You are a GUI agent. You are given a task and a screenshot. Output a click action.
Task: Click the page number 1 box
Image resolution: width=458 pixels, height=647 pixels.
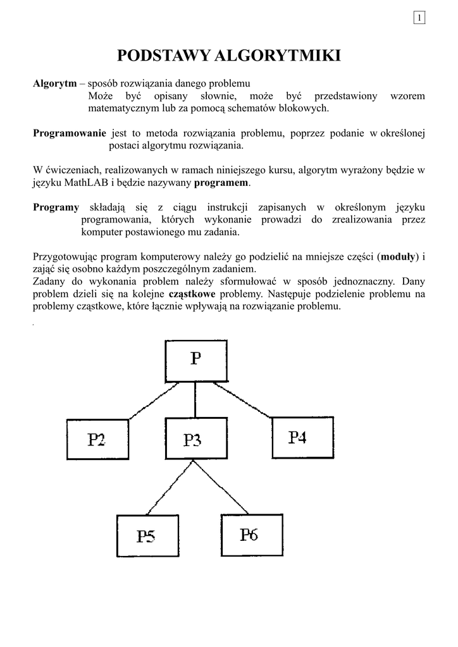(x=419, y=17)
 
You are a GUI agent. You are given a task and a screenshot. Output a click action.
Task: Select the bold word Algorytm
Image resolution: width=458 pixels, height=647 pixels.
(x=54, y=83)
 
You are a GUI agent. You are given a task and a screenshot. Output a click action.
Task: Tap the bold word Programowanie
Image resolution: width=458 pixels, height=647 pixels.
(x=70, y=133)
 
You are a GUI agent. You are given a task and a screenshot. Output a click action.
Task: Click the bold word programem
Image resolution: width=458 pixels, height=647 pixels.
(x=221, y=183)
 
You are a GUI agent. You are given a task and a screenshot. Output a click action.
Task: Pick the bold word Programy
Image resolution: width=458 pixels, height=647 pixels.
(x=56, y=207)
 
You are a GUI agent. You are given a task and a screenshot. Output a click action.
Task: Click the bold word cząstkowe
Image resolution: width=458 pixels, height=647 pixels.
(x=192, y=294)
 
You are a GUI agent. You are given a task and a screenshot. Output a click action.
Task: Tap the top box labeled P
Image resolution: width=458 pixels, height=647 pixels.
(x=195, y=360)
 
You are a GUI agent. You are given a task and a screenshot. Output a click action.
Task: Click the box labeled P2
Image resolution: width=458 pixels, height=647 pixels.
(x=97, y=439)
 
